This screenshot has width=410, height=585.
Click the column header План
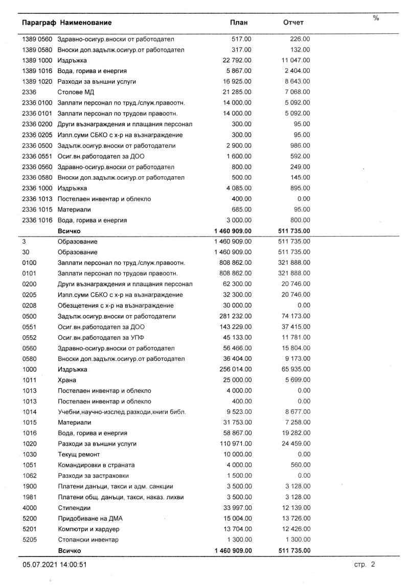239,22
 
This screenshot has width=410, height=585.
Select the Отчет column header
293,22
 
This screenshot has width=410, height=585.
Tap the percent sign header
376,18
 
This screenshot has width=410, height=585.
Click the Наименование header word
85,22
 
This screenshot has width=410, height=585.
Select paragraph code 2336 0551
38,156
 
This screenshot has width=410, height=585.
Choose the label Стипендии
74,508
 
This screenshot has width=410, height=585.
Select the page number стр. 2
365,565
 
